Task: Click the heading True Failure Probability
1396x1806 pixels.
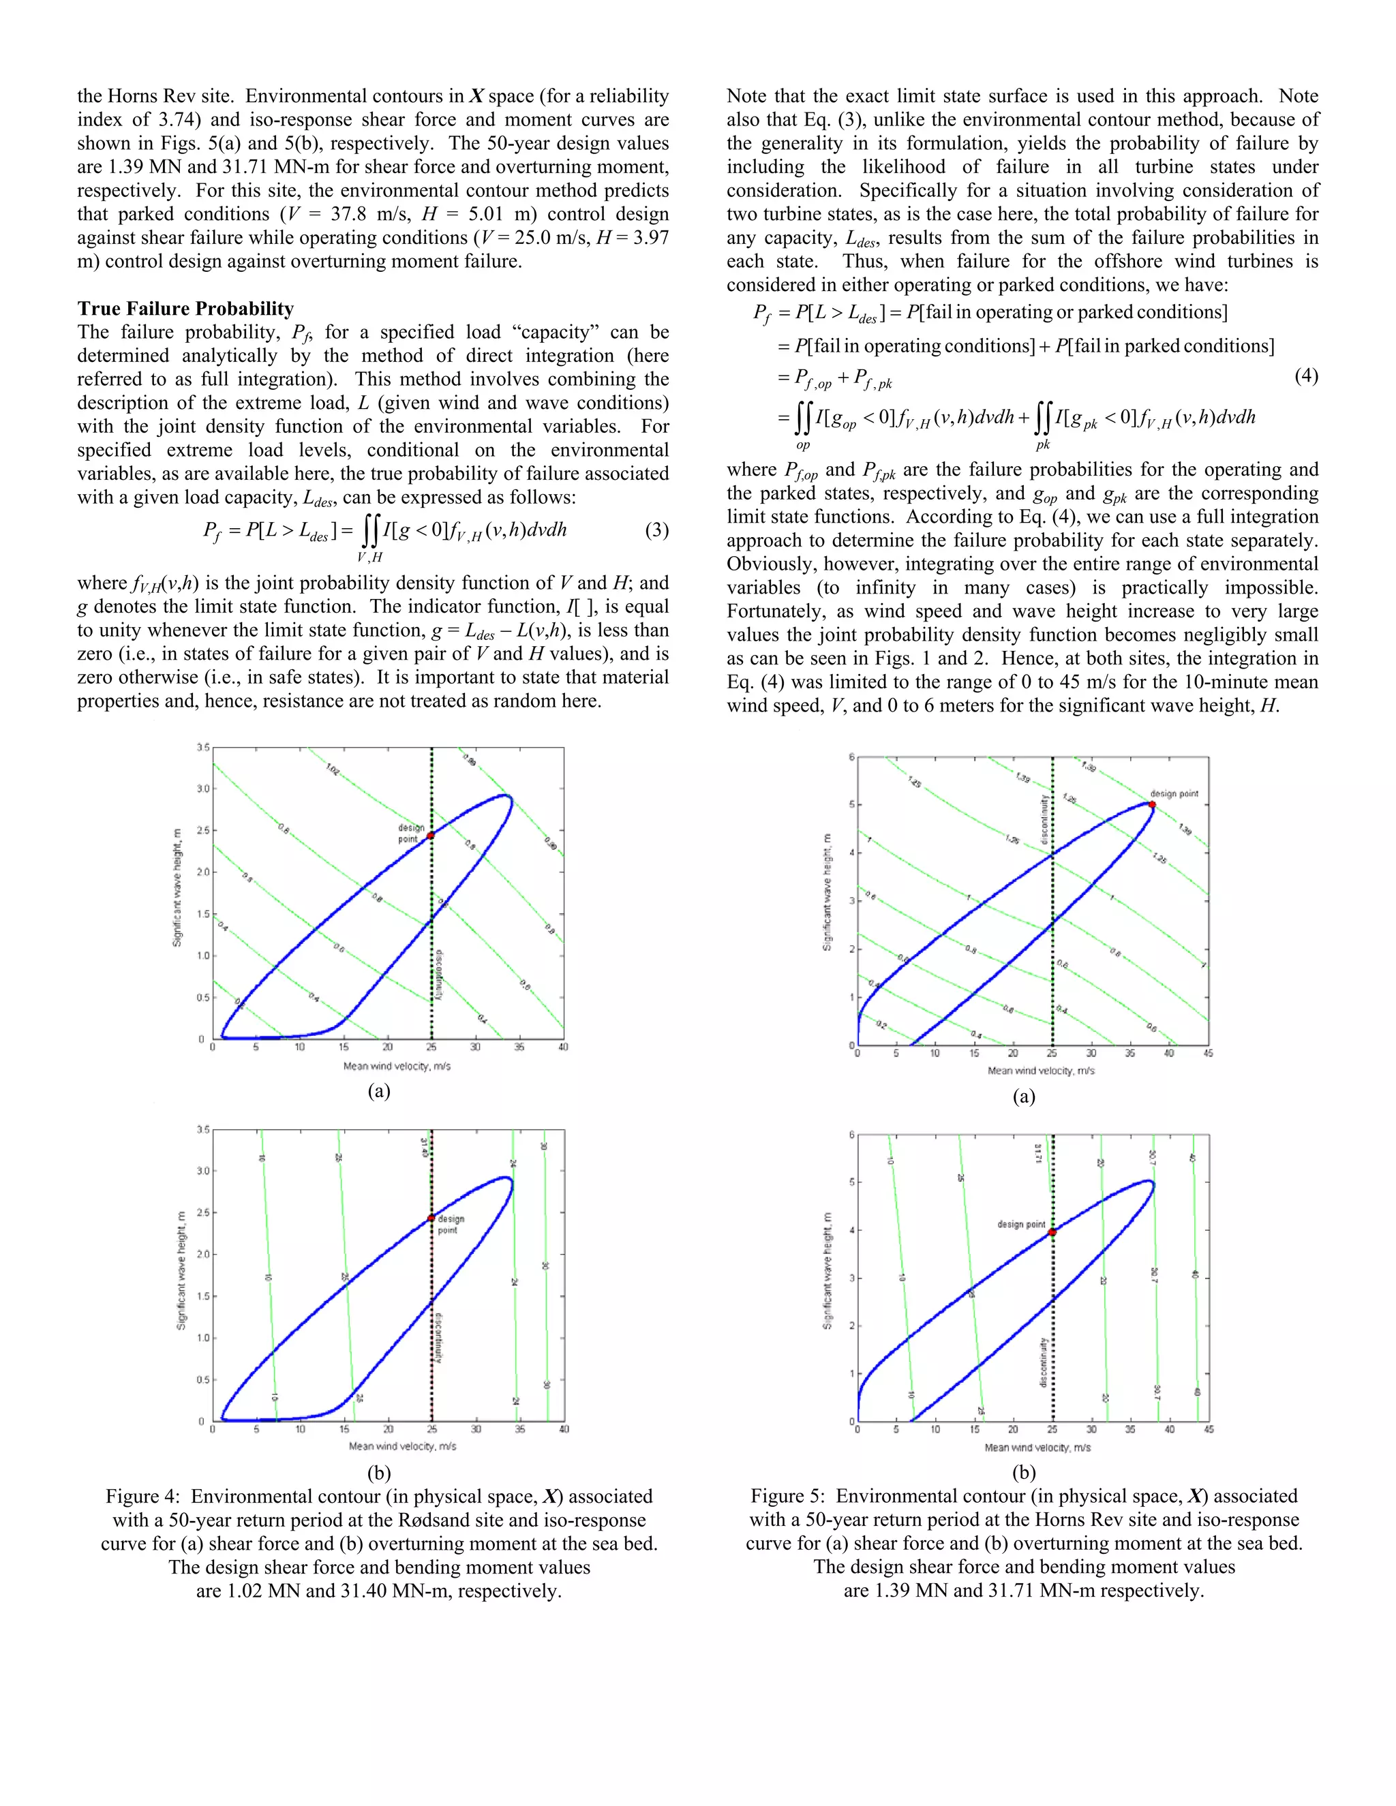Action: (185, 309)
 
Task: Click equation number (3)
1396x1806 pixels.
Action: (656, 530)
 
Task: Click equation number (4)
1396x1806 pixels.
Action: (1306, 376)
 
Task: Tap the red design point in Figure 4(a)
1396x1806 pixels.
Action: (430, 836)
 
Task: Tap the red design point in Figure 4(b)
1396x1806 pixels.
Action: (431, 1218)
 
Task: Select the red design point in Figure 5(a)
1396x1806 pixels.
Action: (1151, 803)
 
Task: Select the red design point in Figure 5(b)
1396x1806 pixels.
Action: (1052, 1232)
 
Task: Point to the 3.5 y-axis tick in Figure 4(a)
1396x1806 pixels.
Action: (202, 747)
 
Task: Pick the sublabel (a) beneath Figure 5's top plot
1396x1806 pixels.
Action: (1024, 1097)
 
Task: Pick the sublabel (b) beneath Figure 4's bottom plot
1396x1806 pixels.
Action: (379, 1473)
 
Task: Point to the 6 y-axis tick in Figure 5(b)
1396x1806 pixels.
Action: (851, 1135)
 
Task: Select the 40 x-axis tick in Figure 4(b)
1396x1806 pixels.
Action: (563, 1429)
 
